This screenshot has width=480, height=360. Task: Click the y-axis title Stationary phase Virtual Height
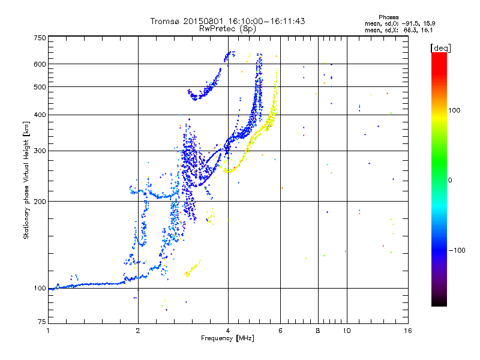[x=26, y=180]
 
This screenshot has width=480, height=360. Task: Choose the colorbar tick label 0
[x=451, y=180]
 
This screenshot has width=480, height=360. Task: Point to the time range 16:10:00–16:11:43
[x=268, y=21]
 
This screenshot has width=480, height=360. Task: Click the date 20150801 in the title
[x=205, y=21]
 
